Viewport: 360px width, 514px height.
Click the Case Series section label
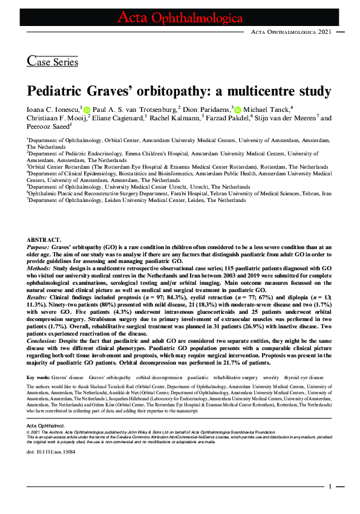click(53, 60)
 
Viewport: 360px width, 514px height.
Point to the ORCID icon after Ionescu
click(87, 109)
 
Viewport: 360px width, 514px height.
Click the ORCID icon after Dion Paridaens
click(238, 109)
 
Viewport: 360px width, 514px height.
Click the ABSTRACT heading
click(44, 240)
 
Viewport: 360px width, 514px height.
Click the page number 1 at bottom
click(330, 486)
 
